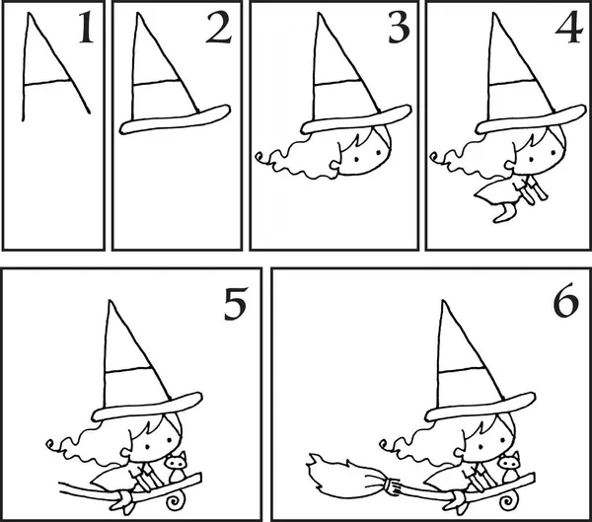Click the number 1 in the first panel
click(x=86, y=27)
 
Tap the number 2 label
click(x=219, y=27)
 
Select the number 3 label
click(x=399, y=28)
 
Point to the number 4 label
click(x=569, y=28)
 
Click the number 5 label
click(x=236, y=304)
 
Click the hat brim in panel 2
click(x=175, y=119)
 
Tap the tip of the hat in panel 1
click(x=30, y=14)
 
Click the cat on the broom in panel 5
click(x=177, y=467)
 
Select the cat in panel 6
click(x=509, y=467)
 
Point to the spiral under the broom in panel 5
click(x=175, y=500)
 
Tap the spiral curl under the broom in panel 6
click(x=507, y=500)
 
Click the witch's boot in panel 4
click(x=505, y=213)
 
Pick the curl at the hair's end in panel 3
click(x=259, y=157)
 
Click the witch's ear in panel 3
click(x=334, y=165)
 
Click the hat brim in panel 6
click(x=480, y=408)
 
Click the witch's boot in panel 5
click(x=124, y=501)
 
